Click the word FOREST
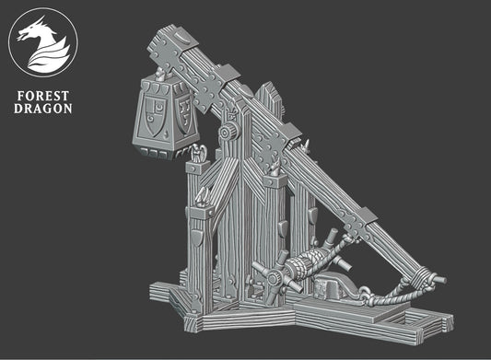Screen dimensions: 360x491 coord(45,94)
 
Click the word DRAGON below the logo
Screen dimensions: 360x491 coord(45,110)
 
